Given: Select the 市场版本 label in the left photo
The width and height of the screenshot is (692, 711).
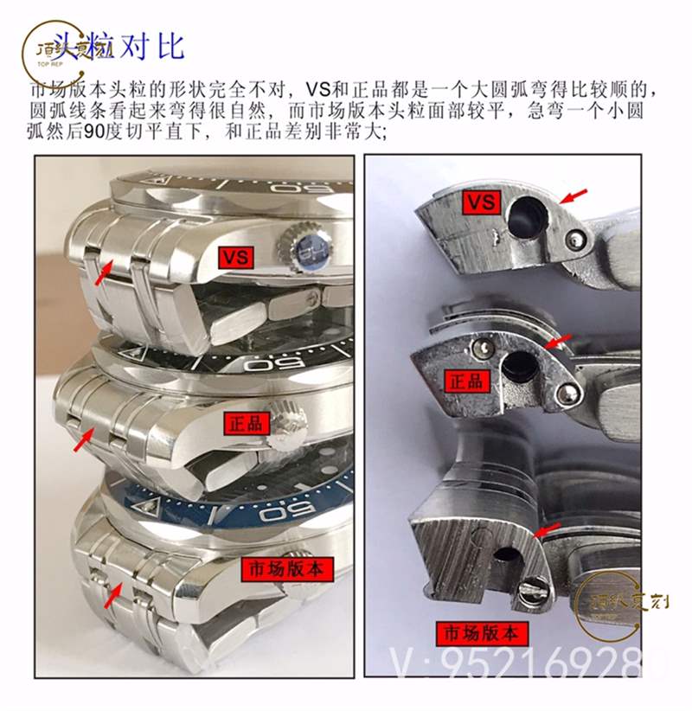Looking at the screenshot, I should (285, 569).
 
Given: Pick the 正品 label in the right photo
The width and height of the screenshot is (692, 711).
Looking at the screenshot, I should (466, 381).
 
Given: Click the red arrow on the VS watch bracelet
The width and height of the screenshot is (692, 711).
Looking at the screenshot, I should (103, 272).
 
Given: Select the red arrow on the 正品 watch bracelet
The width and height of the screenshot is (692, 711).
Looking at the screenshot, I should (82, 440).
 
